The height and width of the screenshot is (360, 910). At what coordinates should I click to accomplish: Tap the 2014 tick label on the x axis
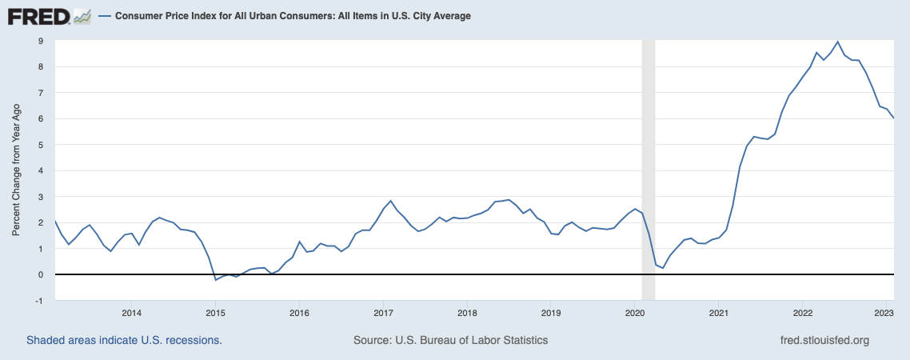pos(131,312)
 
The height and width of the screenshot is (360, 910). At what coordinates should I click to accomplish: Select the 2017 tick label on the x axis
pos(383,312)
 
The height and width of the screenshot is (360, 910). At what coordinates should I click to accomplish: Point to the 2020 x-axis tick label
pos(634,312)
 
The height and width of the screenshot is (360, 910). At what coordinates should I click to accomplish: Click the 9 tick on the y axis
pos(41,41)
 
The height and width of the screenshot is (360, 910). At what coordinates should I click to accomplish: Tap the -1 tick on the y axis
pos(39,300)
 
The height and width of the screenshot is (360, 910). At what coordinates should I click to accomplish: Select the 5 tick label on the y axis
pos(41,145)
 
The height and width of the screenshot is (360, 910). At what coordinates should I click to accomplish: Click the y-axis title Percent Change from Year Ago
pos(16,170)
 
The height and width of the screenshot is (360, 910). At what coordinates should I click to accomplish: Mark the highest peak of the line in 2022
pos(837,42)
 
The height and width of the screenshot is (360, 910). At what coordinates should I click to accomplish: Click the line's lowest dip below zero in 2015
pos(216,280)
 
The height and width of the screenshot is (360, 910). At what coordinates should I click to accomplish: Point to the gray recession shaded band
pos(649,160)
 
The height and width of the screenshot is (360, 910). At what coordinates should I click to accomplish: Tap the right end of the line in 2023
pos(893,118)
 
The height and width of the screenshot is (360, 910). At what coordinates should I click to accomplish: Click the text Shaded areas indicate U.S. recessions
pos(124,340)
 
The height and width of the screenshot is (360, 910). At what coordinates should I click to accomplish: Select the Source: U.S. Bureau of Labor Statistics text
pos(450,340)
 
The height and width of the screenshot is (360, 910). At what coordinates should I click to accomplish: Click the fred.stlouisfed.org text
pos(824,340)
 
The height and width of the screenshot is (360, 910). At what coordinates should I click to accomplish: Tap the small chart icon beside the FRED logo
pos(82,15)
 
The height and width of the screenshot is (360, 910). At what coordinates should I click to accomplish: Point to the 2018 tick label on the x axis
pos(466,312)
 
